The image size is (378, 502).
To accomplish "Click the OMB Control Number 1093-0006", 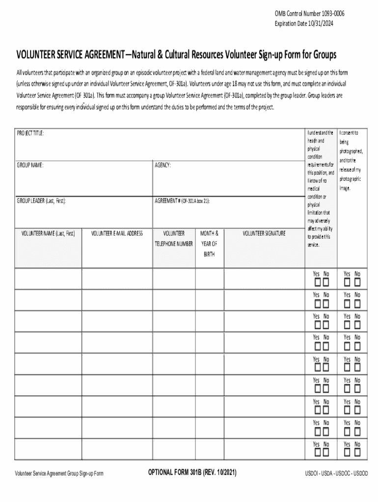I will [309, 14].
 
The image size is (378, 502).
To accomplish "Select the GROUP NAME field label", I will [30, 166].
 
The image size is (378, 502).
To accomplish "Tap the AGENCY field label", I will [163, 166].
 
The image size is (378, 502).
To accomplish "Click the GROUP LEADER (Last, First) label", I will [42, 201].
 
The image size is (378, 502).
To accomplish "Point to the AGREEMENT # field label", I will [182, 201].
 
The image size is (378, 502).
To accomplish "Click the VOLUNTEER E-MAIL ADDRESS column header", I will [117, 234].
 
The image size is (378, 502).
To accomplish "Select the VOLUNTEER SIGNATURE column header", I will [264, 234].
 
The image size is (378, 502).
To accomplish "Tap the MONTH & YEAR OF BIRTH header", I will [210, 244].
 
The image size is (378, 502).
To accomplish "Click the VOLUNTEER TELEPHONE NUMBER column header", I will [174, 239].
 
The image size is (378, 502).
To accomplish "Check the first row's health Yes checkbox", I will [318, 283].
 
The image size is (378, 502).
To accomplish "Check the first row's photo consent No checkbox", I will [357, 283].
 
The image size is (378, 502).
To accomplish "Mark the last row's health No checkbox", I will [326, 452].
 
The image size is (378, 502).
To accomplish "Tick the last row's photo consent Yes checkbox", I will [348, 452].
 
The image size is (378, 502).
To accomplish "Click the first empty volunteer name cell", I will [48, 279].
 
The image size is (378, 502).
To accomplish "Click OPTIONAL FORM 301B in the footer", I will [192, 473].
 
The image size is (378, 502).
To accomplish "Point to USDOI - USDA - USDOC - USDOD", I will [336, 474].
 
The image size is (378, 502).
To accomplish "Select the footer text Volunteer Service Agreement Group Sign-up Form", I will [59, 474].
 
